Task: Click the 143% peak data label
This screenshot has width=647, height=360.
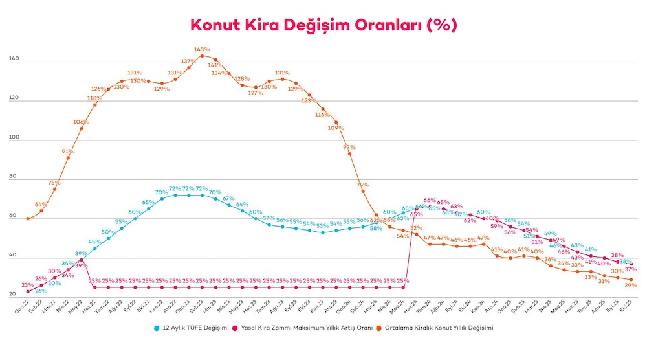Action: [x=202, y=49]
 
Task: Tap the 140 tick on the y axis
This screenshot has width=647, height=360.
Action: [x=13, y=60]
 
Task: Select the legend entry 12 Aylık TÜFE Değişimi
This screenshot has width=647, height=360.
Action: [x=192, y=328]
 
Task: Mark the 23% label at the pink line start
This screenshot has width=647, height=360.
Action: [x=27, y=285]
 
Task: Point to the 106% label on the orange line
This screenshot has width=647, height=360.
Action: [x=81, y=122]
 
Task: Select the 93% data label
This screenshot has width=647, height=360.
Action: [x=349, y=146]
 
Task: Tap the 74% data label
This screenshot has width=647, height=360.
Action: [x=362, y=185]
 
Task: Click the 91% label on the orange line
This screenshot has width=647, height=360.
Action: [x=68, y=151]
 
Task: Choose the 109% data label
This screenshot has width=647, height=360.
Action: [x=336, y=128]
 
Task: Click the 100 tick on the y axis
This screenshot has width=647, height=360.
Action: [x=13, y=138]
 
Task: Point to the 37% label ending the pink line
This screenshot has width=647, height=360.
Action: [x=631, y=269]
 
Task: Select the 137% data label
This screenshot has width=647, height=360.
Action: [x=188, y=61]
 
